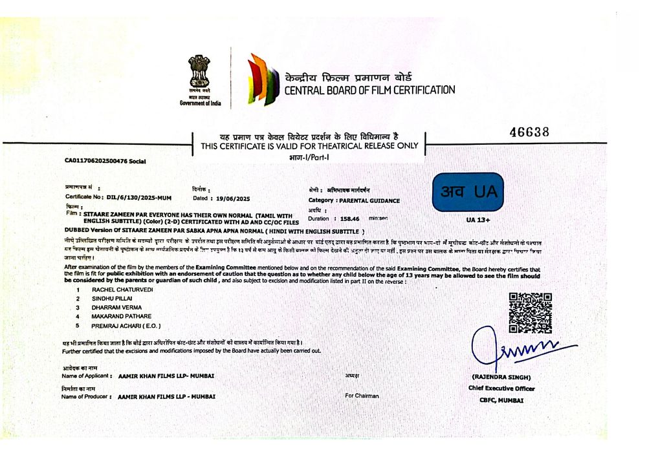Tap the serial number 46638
(529, 133)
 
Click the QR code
(530, 313)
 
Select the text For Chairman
(362, 396)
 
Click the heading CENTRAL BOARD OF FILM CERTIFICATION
(369, 90)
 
